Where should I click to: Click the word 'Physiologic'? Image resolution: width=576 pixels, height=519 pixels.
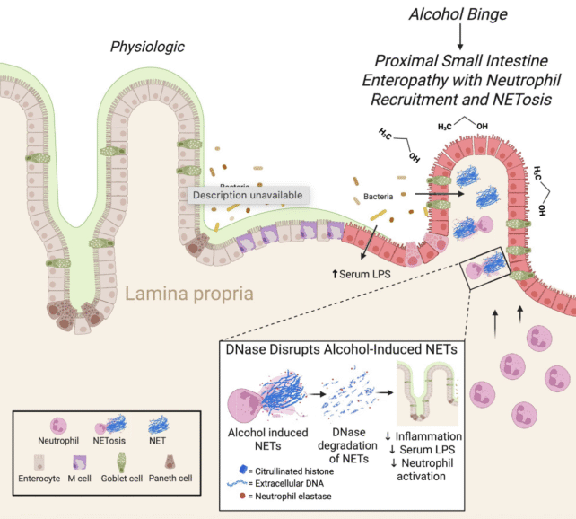[x=146, y=47]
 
